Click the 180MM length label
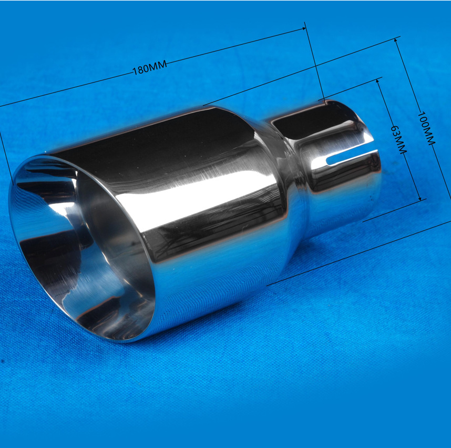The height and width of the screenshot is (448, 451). pos(150,68)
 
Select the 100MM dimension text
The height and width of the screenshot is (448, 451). pos(426,128)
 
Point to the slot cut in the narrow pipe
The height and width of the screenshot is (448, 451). pos(352,157)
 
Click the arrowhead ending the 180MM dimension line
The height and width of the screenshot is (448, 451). pos(303,29)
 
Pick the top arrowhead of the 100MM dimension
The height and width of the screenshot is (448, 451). pos(396,40)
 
